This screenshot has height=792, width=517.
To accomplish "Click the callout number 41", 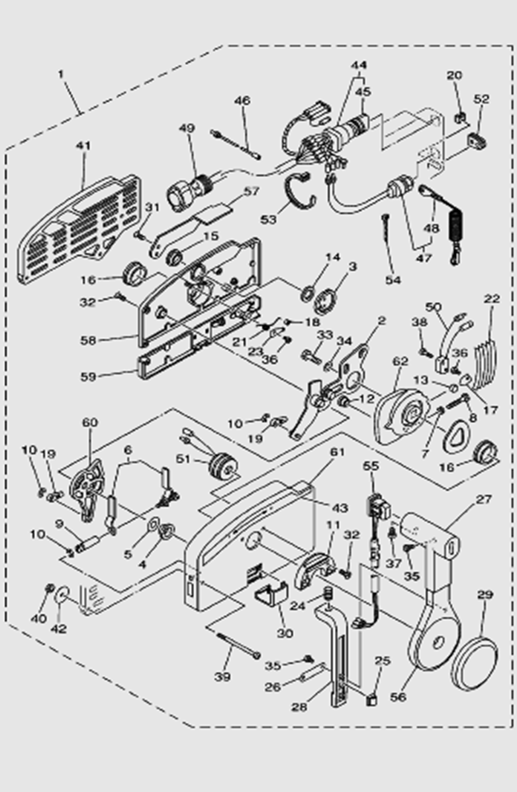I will point(83,146).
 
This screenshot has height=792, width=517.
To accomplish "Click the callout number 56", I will point(399,697).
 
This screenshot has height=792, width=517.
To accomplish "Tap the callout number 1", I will point(62,74).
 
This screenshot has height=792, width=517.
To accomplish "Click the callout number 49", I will point(191,128).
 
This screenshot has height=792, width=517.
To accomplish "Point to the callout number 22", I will point(491,300).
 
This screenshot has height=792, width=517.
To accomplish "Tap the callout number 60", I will point(89,422).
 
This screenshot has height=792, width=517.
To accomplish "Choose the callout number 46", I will point(242,101).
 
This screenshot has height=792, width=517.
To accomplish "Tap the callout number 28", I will point(299,707).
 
